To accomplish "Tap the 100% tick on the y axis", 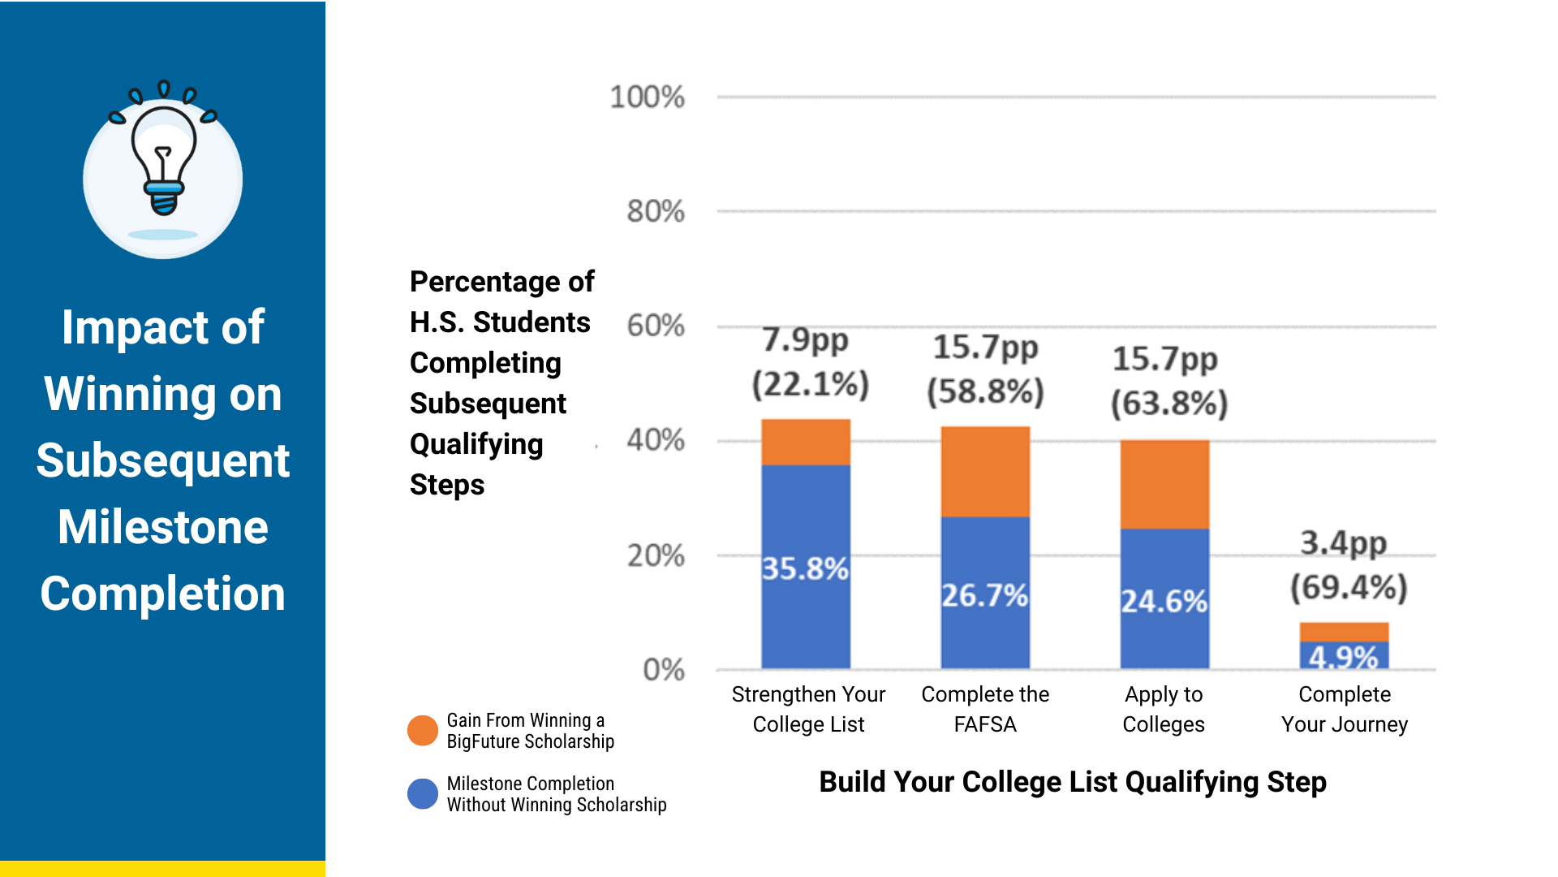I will (647, 97).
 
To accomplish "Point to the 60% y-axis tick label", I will (656, 326).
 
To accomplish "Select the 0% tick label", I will (663, 670).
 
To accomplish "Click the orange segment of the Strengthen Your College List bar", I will (806, 442).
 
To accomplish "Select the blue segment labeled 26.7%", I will (985, 593).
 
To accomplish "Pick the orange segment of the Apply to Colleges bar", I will (1164, 484).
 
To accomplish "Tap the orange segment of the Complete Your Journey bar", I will (1344, 632).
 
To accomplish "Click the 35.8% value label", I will (805, 568).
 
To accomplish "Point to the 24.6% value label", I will (1164, 602).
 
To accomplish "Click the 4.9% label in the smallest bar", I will (1344, 657).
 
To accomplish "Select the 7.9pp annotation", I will (805, 340).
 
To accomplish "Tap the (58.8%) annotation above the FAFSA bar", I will (985, 392).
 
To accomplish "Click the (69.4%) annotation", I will (1349, 587).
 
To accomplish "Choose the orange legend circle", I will (422, 731).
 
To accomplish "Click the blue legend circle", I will (422, 793).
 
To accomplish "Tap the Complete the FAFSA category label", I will (985, 709).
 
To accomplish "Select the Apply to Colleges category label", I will (1164, 709).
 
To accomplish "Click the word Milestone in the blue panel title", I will (163, 527).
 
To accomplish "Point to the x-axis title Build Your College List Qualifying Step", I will (1073, 782).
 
